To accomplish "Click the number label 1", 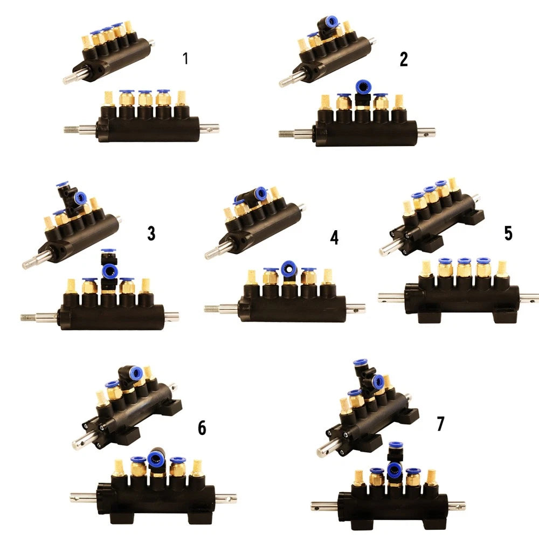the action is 185,58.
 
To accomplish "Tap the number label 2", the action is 404,59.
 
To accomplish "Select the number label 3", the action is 151,233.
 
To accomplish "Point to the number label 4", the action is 334,238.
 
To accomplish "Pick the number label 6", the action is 202,427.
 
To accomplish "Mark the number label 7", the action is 440,424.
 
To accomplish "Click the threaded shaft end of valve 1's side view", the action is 71,129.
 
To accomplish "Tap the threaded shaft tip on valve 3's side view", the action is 28,316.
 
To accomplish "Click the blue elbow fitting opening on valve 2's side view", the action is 363,87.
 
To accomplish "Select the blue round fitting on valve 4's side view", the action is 289,268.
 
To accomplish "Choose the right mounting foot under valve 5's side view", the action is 506,315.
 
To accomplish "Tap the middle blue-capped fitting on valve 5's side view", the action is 464,267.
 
